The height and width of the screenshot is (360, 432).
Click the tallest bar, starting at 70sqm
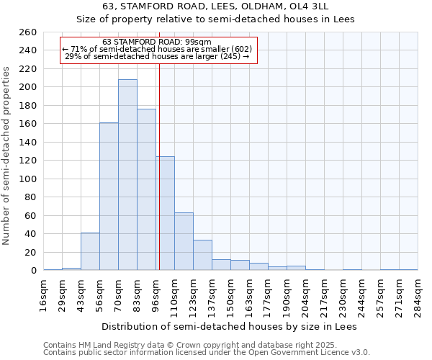click(127, 175)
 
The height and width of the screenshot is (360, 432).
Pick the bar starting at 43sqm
click(90, 251)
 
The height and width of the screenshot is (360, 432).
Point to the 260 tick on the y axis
click(29, 32)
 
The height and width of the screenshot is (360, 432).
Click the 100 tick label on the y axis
click(29, 179)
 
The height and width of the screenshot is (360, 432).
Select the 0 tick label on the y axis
click(33, 271)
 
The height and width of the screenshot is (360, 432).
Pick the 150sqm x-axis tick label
click(231, 294)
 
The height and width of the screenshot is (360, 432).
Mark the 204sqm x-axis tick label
click(306, 294)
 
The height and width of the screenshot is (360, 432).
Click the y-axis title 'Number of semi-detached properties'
click(7, 156)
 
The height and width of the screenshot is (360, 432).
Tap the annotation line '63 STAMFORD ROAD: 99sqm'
click(157, 42)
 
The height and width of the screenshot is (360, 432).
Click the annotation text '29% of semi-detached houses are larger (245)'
click(157, 56)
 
